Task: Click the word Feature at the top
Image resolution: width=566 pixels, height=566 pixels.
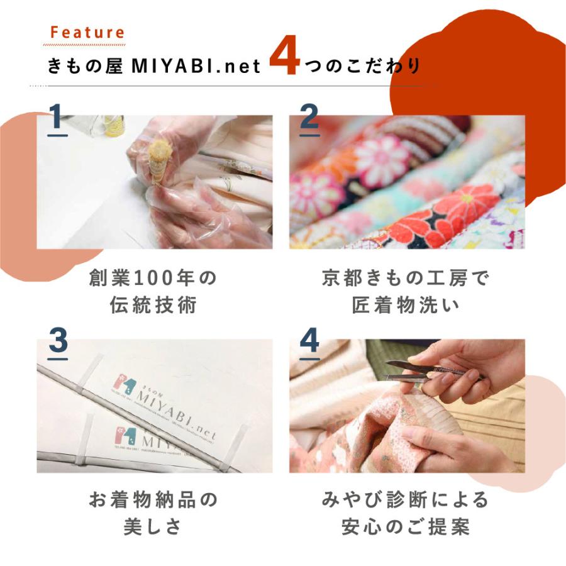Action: point(87,33)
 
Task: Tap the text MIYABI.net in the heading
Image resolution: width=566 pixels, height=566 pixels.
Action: point(193,66)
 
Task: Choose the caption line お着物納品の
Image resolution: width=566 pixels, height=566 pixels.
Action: point(153,501)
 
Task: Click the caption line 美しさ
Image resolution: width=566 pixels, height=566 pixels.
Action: point(153,526)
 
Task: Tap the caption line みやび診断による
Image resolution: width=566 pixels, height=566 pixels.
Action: point(405,501)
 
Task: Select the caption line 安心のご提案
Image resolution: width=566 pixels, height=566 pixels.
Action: point(405,526)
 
